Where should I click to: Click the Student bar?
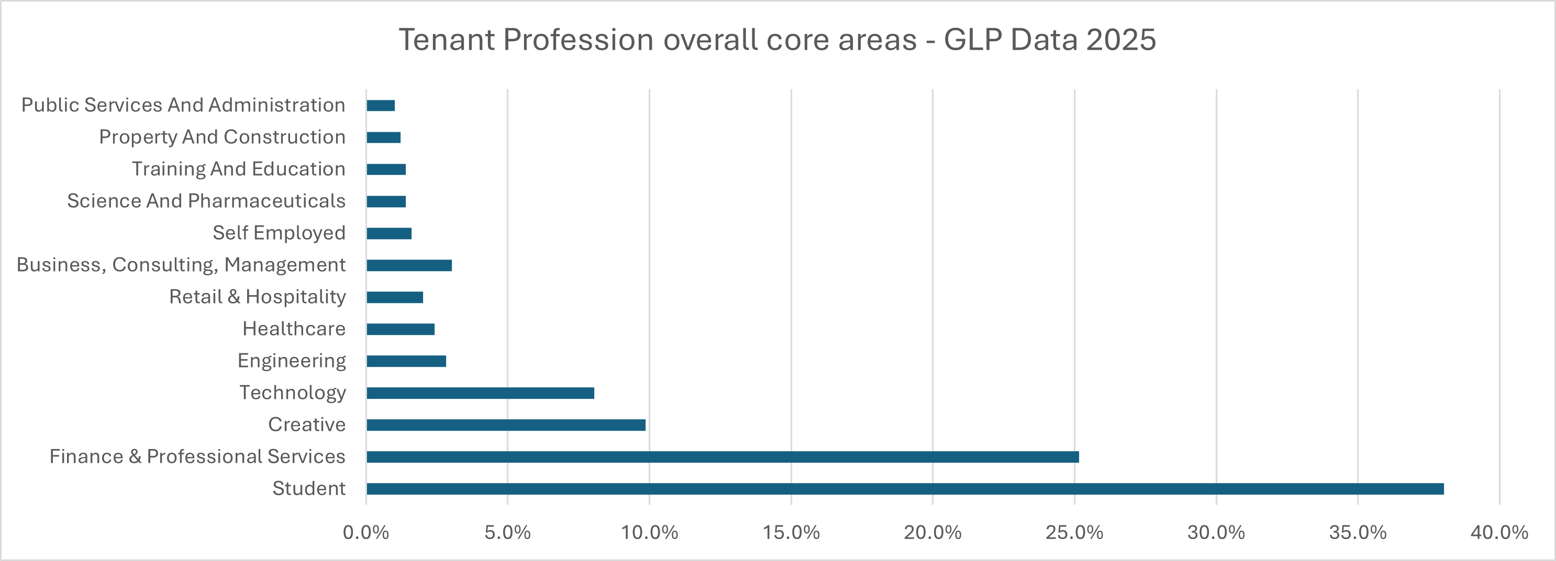click(x=905, y=489)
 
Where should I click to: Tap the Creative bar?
click(x=506, y=425)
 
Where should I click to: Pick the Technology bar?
click(x=480, y=393)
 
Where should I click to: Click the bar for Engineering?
click(x=406, y=361)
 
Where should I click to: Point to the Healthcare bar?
click(x=401, y=329)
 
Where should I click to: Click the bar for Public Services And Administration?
click(x=381, y=106)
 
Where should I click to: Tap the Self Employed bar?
click(x=389, y=233)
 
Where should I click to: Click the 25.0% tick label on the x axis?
click(x=1074, y=533)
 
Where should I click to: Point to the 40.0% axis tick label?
click(x=1499, y=533)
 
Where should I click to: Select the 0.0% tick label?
click(x=365, y=533)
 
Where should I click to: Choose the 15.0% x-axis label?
click(x=791, y=533)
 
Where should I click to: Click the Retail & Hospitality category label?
click(x=257, y=297)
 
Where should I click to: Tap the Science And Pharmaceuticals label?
click(x=206, y=200)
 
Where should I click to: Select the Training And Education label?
click(x=239, y=169)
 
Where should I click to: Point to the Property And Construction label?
click(x=223, y=137)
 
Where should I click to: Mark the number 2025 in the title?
click(x=1120, y=40)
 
